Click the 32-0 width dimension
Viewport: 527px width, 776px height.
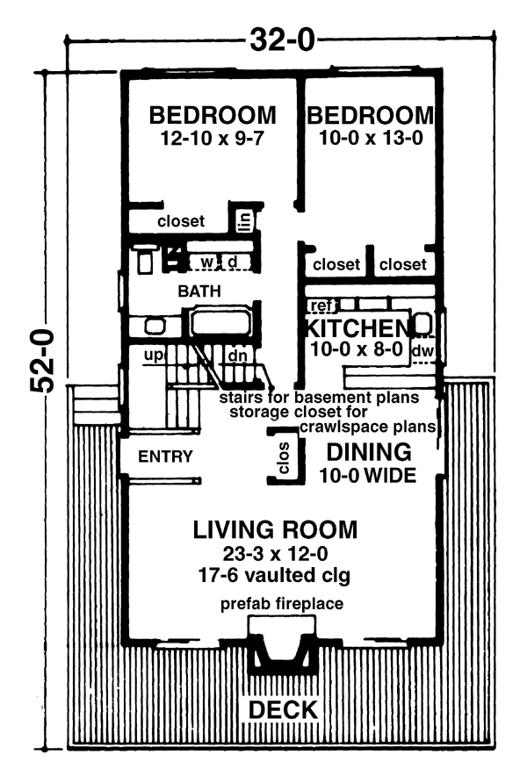coord(282,40)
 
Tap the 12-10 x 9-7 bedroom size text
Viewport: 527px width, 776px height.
coord(212,139)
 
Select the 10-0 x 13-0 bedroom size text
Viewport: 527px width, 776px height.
coord(371,138)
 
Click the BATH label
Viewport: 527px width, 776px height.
coord(199,291)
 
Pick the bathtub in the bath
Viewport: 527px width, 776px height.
coord(218,323)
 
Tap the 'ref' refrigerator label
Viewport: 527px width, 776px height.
coord(321,305)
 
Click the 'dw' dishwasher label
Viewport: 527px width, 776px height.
coord(422,351)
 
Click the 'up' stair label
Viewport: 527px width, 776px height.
coord(153,356)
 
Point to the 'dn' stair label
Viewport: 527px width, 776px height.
coord(237,356)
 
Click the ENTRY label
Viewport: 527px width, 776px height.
coord(165,456)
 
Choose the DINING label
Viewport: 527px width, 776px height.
coord(369,452)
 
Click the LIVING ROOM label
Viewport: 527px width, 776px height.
coord(275,529)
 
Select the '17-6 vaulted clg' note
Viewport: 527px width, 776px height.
coord(274,575)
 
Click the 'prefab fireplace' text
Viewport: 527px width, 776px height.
coord(282,604)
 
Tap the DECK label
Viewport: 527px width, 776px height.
coord(283,709)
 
